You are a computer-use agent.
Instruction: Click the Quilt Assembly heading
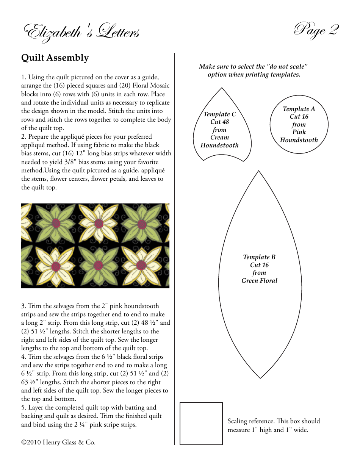(55, 58)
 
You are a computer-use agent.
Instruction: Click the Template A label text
(299, 109)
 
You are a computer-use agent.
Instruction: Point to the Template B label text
(259, 257)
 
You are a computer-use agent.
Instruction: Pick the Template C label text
(219, 114)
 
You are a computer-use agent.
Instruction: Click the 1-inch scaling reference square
(201, 423)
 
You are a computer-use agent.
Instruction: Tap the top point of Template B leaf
(259, 171)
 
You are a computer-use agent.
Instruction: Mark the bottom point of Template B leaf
(260, 378)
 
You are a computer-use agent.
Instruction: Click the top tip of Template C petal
(222, 88)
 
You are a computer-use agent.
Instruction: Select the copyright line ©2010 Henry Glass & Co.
(58, 442)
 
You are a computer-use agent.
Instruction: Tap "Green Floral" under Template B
(259, 281)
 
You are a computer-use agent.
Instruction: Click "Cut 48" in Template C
(219, 122)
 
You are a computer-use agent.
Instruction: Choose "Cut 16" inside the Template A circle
(299, 117)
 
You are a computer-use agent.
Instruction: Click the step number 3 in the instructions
(23, 306)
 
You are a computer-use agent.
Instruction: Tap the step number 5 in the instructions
(23, 408)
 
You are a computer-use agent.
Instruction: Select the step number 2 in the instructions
(23, 137)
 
